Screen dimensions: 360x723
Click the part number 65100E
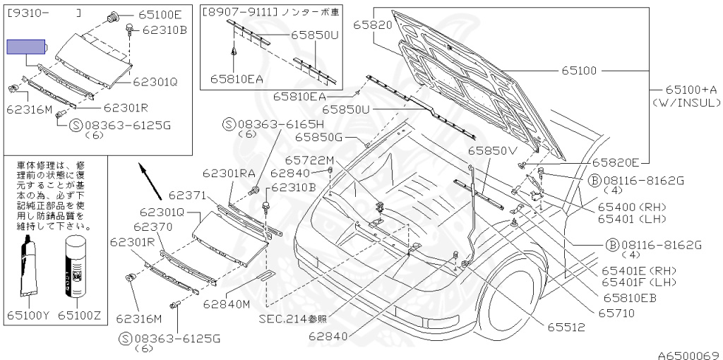tap(160, 14)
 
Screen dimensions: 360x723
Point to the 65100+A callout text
tap(691, 90)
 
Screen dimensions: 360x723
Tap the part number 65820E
tap(614, 162)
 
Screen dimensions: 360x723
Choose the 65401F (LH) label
tap(629, 282)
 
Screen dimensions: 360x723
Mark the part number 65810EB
tap(630, 297)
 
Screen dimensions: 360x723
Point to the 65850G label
tap(318, 137)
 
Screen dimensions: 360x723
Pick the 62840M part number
tap(228, 305)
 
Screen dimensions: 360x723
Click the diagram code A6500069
tap(688, 354)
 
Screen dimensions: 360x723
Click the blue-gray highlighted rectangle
tap(26, 47)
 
